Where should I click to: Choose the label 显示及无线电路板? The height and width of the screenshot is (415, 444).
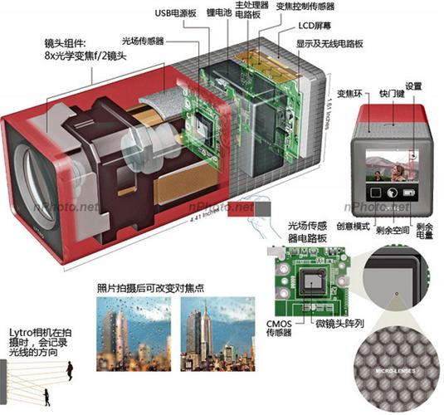[341, 46]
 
